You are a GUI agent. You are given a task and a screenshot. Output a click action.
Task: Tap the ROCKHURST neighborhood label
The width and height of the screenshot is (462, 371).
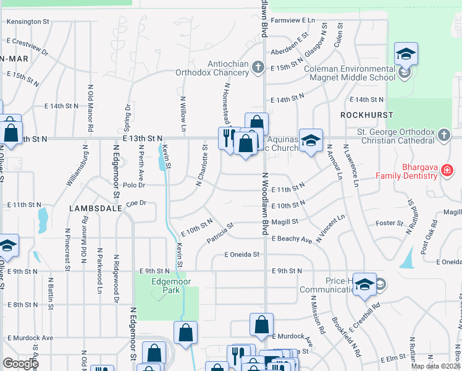[358, 116]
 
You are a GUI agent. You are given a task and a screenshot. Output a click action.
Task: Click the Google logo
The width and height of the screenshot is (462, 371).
[20, 364]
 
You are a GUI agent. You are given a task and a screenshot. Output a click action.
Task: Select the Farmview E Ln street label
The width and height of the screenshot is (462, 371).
[293, 20]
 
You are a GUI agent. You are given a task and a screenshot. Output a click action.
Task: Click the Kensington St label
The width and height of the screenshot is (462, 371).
[27, 22]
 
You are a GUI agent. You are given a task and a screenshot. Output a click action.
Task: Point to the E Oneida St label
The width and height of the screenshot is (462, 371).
[241, 254]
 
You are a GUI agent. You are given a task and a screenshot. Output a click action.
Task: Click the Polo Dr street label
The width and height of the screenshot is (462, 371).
[133, 185]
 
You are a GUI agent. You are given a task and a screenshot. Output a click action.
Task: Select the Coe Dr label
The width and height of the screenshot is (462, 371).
[135, 202]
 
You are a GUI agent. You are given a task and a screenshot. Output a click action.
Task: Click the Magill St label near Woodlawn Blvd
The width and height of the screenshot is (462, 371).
[285, 221]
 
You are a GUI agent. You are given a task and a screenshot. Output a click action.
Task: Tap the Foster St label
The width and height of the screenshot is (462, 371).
[389, 223]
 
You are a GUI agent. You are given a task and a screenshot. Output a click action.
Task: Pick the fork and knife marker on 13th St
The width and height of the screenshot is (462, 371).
[227, 137]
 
